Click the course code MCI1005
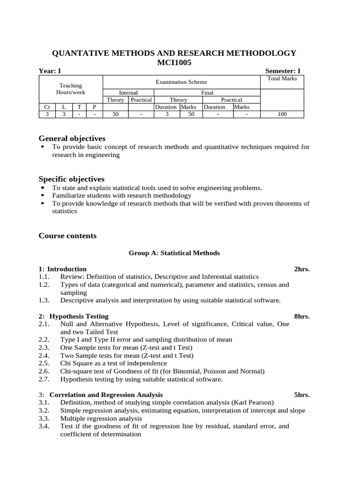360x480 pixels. [x=174, y=62]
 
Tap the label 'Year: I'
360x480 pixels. [x=50, y=71]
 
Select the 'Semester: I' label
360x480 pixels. [x=283, y=71]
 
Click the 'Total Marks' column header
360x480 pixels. [x=282, y=79]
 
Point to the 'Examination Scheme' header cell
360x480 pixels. [x=181, y=82]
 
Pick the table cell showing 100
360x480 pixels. [x=282, y=114]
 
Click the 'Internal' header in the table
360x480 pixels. [x=128, y=93]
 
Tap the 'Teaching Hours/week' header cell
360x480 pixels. [x=70, y=89]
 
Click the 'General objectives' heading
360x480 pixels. [x=72, y=138]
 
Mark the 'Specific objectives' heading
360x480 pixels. [x=71, y=179]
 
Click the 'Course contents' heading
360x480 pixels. [x=67, y=236]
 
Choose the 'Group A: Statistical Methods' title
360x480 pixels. [x=174, y=253]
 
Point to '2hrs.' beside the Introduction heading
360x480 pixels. [x=302, y=269]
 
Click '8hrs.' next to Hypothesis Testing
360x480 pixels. [x=302, y=316]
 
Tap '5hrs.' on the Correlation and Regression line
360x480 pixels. [x=302, y=395]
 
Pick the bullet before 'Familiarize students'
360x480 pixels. [x=43, y=195]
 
